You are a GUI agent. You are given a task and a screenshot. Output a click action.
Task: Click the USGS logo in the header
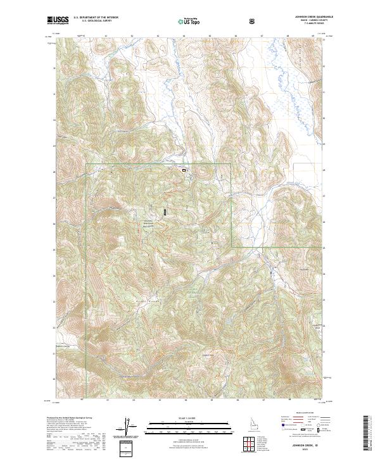click(x=58, y=21)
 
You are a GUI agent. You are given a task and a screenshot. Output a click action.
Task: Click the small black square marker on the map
click(x=184, y=170)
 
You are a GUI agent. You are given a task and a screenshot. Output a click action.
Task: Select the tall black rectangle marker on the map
click(x=165, y=213)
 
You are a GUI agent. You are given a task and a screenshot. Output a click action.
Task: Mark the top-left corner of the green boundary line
click(x=86, y=165)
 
